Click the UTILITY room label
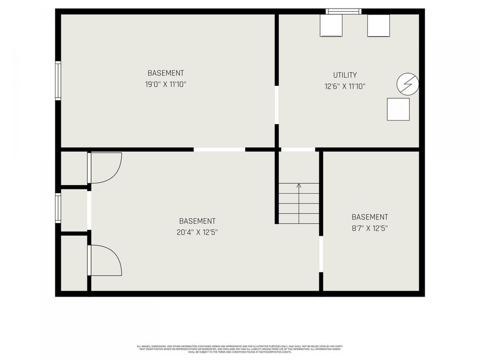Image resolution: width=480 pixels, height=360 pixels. pyautogui.click(x=345, y=75)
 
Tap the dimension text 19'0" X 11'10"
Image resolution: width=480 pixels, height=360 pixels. pyautogui.click(x=165, y=84)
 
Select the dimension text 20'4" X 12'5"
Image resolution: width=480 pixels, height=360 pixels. pyautogui.click(x=197, y=232)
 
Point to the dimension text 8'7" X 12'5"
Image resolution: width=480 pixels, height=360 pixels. pyautogui.click(x=370, y=228)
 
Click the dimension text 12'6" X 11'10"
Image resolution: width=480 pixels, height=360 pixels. pyautogui.click(x=345, y=86)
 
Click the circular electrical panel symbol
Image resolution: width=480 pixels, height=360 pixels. pyautogui.click(x=407, y=84)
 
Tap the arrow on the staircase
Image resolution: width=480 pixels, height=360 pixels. pyautogui.click(x=299, y=186)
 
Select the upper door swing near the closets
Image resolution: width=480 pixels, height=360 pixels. pyautogui.click(x=105, y=166)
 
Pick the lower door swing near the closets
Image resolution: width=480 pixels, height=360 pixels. pyautogui.click(x=105, y=261)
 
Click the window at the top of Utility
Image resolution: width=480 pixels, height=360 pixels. pyautogui.click(x=343, y=11)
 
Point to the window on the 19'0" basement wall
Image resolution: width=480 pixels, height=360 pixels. pyautogui.click(x=58, y=81)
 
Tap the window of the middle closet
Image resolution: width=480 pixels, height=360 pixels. pyautogui.click(x=58, y=207)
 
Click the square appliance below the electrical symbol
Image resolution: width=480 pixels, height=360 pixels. pyautogui.click(x=398, y=109)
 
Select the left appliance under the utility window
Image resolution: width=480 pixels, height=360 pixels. pyautogui.click(x=331, y=26)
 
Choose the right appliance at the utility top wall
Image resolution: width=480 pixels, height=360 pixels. pyautogui.click(x=378, y=26)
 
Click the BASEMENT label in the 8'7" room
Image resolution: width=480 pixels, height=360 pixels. pyautogui.click(x=370, y=217)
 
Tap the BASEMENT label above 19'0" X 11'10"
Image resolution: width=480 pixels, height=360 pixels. pyautogui.click(x=165, y=73)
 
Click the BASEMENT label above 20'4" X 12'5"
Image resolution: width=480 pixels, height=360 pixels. pyautogui.click(x=197, y=221)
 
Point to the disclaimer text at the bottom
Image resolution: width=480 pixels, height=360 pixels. pyautogui.click(x=239, y=349)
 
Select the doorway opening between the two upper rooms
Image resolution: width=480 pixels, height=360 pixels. pyautogui.click(x=276, y=105)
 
